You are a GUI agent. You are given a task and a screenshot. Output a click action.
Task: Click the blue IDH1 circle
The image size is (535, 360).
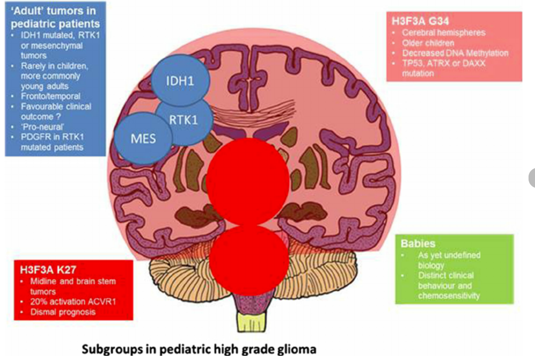click(x=181, y=80)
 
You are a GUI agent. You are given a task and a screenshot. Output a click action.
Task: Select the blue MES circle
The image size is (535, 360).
click(x=142, y=139)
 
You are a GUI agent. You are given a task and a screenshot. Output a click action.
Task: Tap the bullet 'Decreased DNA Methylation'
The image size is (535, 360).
click(x=455, y=53)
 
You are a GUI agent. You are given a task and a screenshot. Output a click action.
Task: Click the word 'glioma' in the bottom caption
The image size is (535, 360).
click(x=299, y=348)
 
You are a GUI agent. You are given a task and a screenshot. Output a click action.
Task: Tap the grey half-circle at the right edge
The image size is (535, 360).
click(x=531, y=177)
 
